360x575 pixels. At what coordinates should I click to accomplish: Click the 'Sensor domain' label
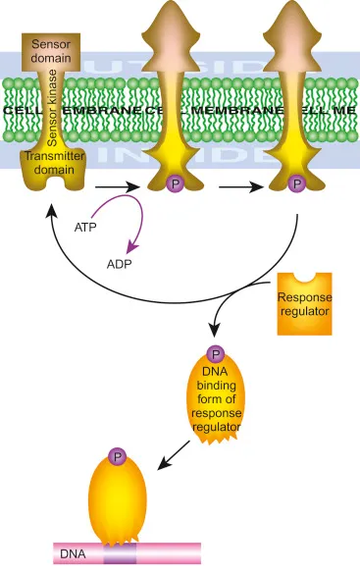click(x=51, y=50)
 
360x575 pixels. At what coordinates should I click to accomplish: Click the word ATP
click(x=85, y=227)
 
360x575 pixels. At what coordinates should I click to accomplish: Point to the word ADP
click(x=121, y=265)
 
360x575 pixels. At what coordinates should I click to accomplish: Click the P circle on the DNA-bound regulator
click(x=119, y=457)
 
